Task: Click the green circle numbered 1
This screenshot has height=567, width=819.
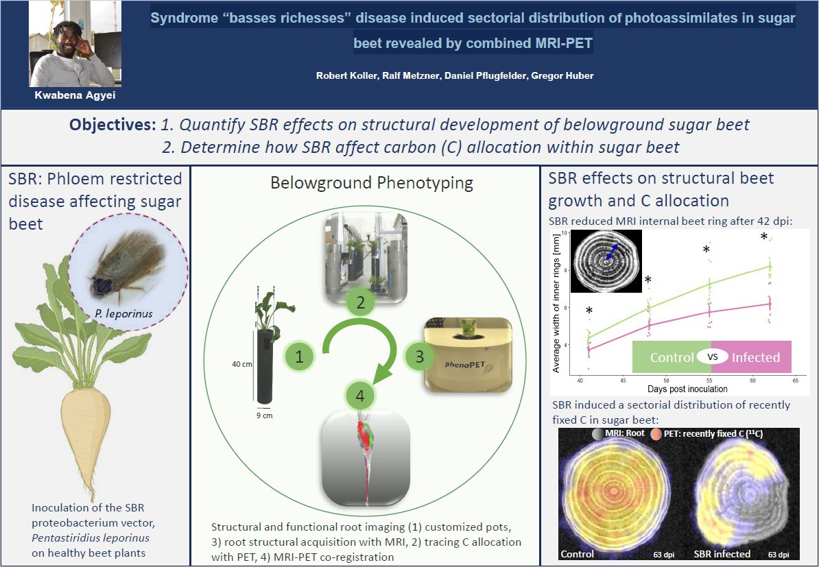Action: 299,357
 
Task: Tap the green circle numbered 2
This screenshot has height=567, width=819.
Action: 360,302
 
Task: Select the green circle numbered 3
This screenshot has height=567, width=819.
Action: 419,357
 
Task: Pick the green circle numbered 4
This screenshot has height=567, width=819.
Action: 360,396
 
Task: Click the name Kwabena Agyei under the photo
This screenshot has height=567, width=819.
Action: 75,95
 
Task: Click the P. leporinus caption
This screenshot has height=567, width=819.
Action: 123,314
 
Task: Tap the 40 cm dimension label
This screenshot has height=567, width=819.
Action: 242,364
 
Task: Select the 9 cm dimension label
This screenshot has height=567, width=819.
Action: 264,415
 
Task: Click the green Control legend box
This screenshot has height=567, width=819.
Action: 672,357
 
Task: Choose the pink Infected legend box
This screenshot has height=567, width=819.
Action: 752,357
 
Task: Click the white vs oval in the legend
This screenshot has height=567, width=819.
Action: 713,357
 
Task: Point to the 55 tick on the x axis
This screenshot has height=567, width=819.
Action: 709,381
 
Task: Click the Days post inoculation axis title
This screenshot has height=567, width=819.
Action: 687,389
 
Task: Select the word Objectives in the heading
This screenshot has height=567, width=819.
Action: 112,125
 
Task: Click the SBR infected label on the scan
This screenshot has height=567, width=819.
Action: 722,554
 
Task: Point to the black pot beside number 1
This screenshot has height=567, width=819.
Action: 265,367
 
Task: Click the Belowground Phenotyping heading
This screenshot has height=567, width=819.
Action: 372,183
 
